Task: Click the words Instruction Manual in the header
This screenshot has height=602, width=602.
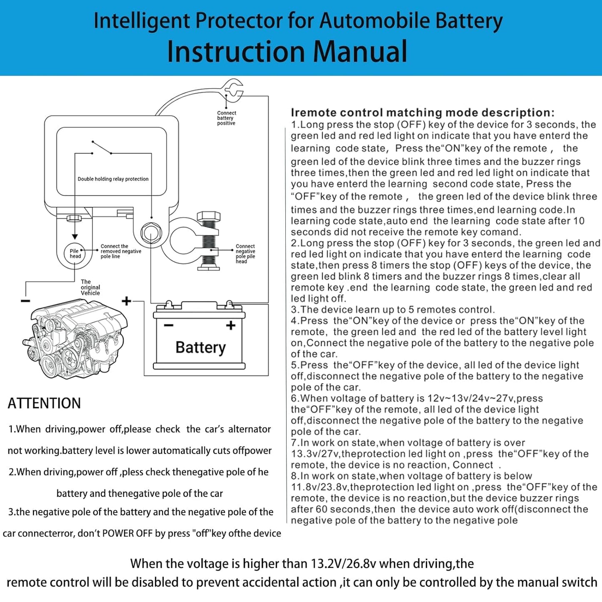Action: pyautogui.click(x=287, y=52)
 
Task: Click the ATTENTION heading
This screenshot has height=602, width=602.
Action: pyautogui.click(x=44, y=403)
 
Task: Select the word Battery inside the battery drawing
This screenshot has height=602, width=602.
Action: pyautogui.click(x=200, y=347)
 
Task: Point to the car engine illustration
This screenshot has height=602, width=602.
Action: pyautogui.click(x=75, y=337)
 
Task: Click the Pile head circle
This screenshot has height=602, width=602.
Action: pyautogui.click(x=75, y=253)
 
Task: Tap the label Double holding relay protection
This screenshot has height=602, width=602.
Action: pyautogui.click(x=113, y=179)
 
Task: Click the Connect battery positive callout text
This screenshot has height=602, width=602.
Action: pyautogui.click(x=226, y=118)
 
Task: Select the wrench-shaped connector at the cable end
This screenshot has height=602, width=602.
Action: pyautogui.click(x=232, y=90)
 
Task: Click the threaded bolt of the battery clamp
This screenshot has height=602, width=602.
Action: pyautogui.click(x=208, y=242)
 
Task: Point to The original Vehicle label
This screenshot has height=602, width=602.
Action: pyautogui.click(x=90, y=287)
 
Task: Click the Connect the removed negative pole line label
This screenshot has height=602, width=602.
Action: pyautogui.click(x=120, y=251)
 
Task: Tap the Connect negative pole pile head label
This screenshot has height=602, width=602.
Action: pyautogui.click(x=245, y=254)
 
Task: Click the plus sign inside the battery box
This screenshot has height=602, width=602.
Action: pyautogui.click(x=230, y=325)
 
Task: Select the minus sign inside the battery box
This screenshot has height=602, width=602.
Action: pyautogui.click(x=168, y=325)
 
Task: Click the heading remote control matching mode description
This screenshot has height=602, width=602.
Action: pyautogui.click(x=422, y=112)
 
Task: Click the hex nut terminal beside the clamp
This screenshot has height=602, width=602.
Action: pyautogui.click(x=151, y=232)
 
